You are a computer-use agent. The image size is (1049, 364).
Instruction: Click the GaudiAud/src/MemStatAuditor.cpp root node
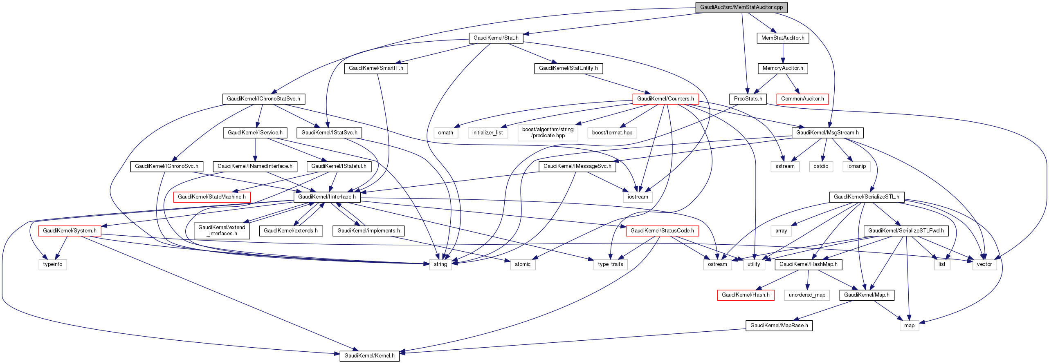point(741,7)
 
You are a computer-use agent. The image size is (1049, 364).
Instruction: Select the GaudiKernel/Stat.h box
point(496,38)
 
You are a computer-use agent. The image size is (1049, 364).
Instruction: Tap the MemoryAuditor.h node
point(783,68)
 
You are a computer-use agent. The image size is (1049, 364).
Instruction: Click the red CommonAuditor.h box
point(802,99)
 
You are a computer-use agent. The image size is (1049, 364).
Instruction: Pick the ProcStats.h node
point(748,99)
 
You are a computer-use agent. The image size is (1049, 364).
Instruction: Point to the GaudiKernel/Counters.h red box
point(665,99)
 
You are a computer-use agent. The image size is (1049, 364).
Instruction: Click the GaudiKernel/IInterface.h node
point(327,197)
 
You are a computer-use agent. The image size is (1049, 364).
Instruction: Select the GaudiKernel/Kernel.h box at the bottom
point(369,356)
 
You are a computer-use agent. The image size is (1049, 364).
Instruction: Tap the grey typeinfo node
point(53,264)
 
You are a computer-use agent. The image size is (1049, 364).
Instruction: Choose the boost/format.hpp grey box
point(612,133)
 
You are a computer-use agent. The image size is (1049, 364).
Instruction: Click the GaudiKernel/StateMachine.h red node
point(212,197)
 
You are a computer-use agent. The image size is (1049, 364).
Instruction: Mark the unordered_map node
point(807,295)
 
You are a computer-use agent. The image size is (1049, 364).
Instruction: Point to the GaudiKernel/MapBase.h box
point(779,326)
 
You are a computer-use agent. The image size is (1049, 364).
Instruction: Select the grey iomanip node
point(856,166)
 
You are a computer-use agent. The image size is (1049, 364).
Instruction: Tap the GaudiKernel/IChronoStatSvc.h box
point(263,99)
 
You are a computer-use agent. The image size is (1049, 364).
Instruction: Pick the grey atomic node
point(523,264)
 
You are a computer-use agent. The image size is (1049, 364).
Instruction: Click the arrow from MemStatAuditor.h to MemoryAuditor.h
point(783,53)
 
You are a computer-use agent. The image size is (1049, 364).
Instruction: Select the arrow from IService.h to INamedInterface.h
point(255,150)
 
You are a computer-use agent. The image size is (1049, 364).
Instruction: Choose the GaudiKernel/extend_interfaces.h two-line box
point(222,230)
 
